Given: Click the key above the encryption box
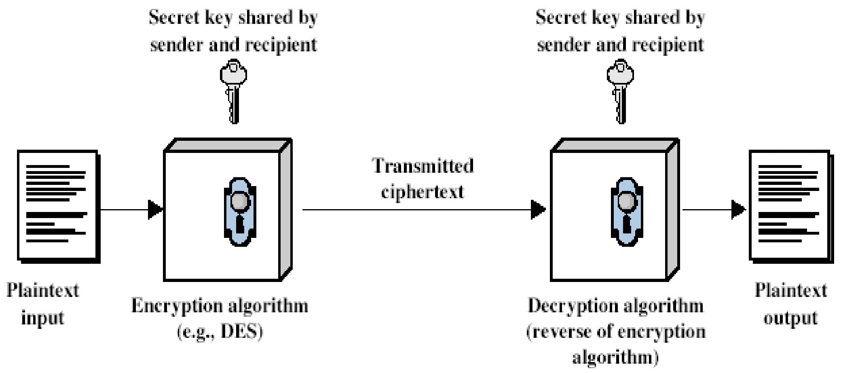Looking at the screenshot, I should pos(234,91).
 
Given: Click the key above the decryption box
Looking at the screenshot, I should pos(621,91).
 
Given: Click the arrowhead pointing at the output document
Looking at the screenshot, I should pos(738,210).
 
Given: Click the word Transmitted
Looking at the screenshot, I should pos(423,166).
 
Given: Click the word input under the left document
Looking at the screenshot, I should pos(42,318).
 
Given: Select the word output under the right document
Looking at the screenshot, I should pos(790,318).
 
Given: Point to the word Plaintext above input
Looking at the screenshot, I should pos(43,291).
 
